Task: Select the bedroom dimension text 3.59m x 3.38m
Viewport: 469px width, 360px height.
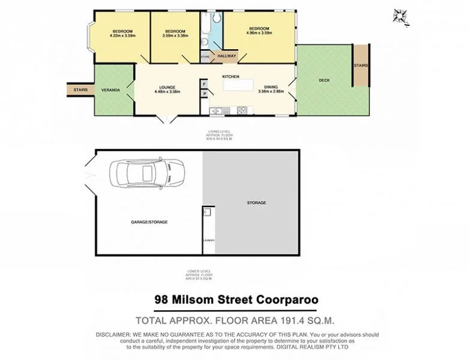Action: [x=174, y=35]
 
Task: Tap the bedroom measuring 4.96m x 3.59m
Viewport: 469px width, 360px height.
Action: [x=259, y=33]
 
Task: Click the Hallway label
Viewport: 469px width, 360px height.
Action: [x=226, y=56]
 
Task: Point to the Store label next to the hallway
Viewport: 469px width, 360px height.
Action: [x=205, y=57]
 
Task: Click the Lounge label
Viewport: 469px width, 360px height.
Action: [x=167, y=87]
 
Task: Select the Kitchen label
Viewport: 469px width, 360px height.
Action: [x=231, y=77]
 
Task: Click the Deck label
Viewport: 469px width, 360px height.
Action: [x=324, y=80]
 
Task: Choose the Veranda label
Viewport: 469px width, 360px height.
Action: [x=112, y=90]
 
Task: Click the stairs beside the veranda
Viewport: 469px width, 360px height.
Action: [x=80, y=90]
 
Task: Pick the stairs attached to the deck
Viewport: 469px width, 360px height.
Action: [x=360, y=65]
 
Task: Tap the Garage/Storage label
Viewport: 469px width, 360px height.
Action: [x=149, y=222]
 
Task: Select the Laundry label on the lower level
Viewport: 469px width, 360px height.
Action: [x=208, y=241]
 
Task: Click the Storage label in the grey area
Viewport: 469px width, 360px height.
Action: [x=256, y=203]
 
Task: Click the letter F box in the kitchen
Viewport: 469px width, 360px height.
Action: [x=205, y=83]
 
